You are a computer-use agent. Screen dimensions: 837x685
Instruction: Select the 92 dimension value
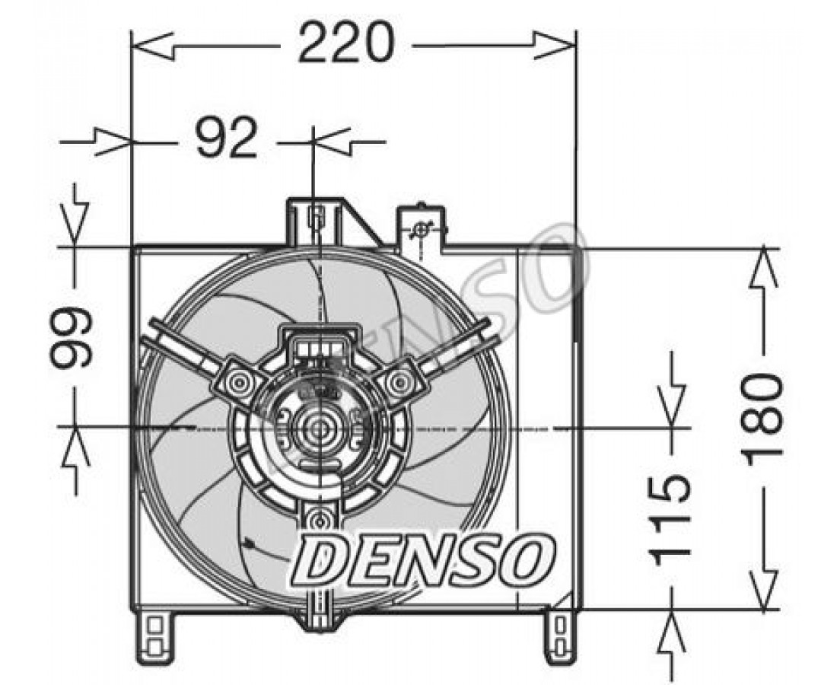tap(227, 138)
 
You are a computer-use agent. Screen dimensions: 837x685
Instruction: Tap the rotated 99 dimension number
tap(72, 337)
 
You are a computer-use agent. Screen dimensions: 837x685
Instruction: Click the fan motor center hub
tap(320, 427)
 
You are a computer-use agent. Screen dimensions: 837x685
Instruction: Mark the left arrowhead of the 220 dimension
tap(152, 45)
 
